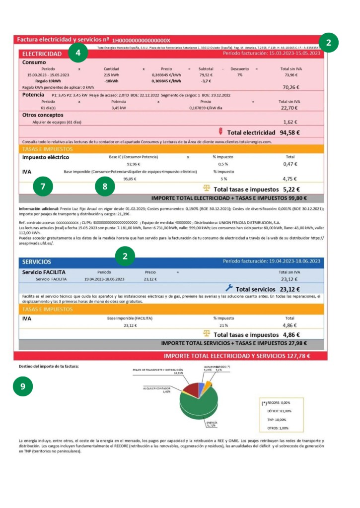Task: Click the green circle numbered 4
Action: point(78,51)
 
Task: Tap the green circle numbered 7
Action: point(43,187)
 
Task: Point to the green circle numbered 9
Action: point(23,387)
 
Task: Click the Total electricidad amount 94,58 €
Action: point(289,132)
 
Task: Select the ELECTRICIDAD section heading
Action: point(42,54)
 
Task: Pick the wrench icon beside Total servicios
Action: point(229,288)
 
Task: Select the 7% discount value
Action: point(240,74)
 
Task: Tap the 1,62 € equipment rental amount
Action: point(290,122)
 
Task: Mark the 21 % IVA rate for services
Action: point(223,325)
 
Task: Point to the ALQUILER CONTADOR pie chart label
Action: point(157,388)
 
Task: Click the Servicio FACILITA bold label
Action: point(44,272)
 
